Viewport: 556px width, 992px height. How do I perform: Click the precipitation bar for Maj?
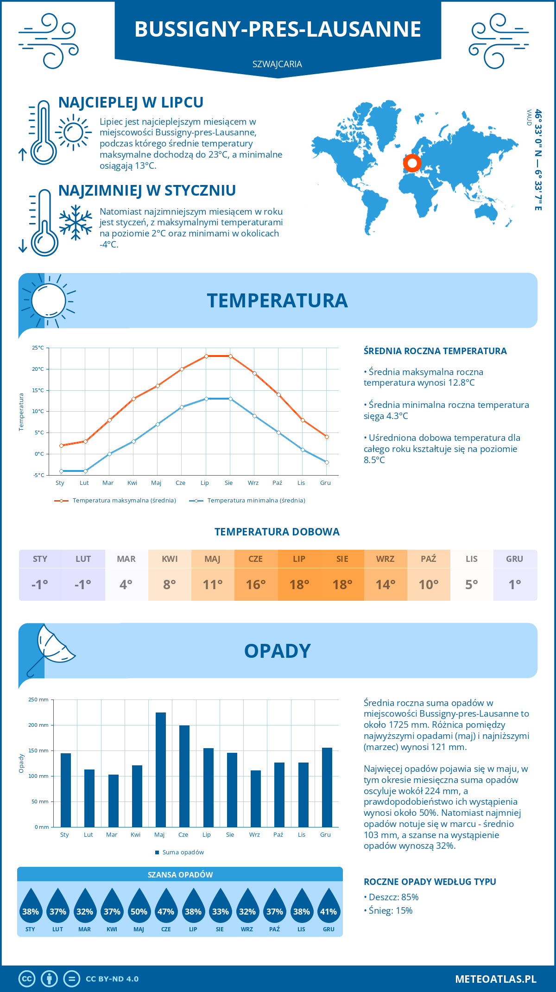(x=160, y=769)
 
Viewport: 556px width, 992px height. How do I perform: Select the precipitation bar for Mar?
(x=113, y=801)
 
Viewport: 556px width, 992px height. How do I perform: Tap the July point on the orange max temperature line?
(x=206, y=356)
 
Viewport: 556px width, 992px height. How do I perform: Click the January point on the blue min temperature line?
(x=61, y=471)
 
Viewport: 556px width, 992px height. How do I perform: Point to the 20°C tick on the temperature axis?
(x=38, y=369)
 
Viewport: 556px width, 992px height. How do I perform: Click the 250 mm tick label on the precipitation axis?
(x=38, y=699)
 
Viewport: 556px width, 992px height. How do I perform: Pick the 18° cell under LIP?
(x=299, y=585)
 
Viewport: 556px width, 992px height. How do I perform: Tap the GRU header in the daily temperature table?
(x=514, y=559)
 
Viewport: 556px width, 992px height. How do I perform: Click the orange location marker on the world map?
(x=412, y=163)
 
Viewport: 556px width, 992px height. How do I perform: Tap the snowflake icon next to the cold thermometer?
(x=76, y=223)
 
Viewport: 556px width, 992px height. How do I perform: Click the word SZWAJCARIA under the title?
(x=277, y=64)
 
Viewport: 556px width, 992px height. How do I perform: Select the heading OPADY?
(x=277, y=651)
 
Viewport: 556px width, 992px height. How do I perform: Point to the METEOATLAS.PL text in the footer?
(x=495, y=979)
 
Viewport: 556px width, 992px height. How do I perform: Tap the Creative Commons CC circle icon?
(x=27, y=979)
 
